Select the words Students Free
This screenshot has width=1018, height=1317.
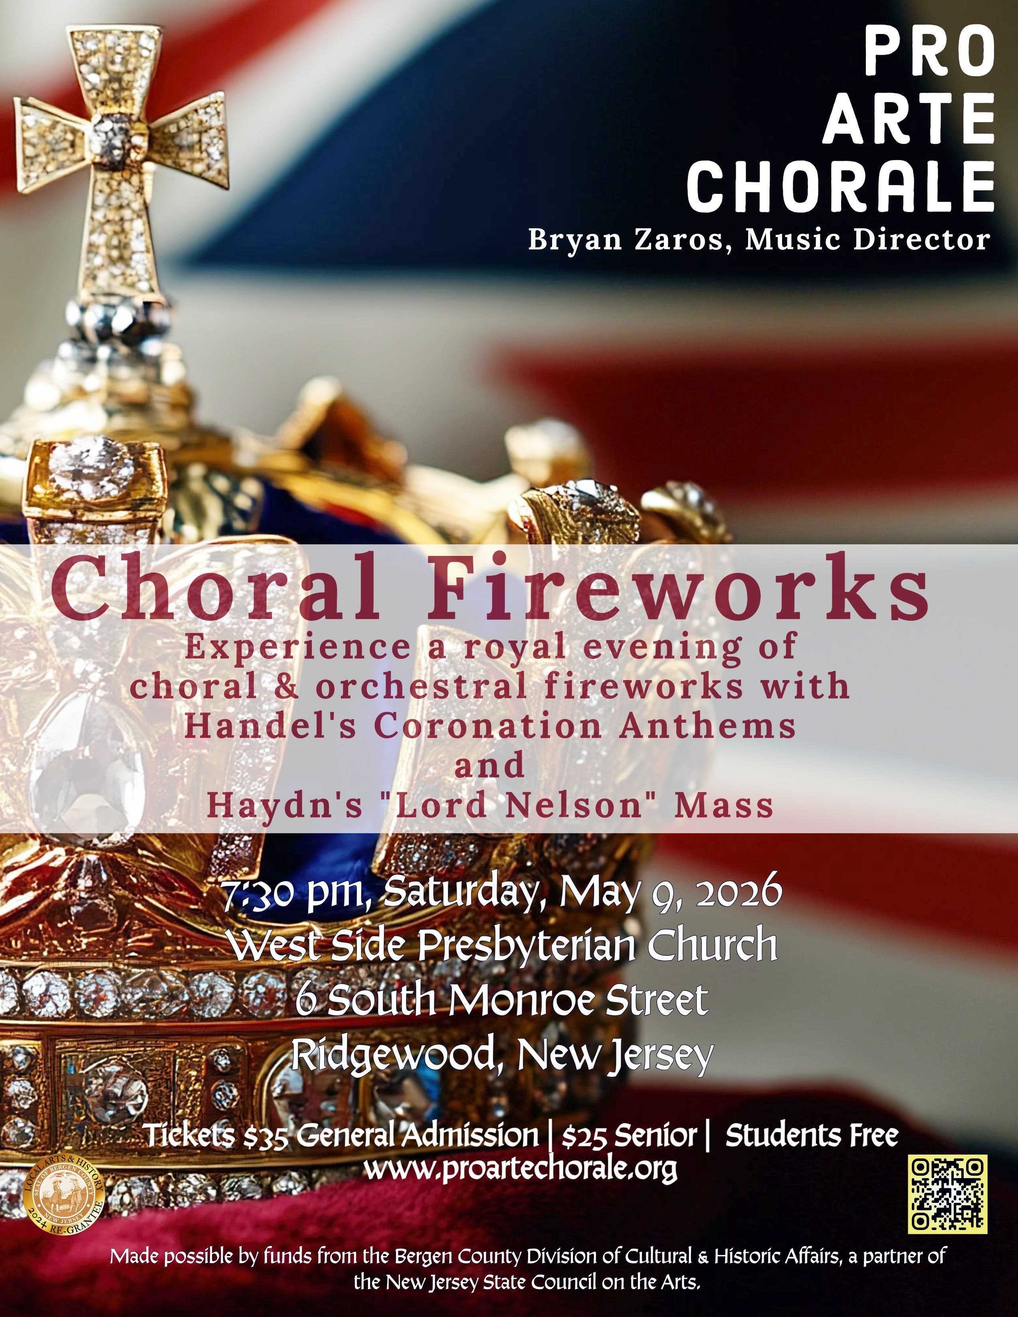(812, 1135)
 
